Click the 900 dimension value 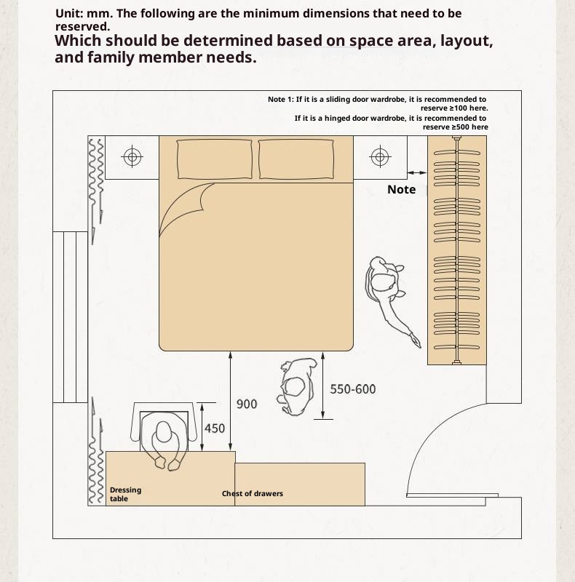click(247, 404)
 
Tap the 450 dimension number click(215, 428)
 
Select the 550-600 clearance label click(353, 389)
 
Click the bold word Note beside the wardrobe click(402, 189)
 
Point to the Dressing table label click(125, 494)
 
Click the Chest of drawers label click(253, 493)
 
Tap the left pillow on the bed click(214, 159)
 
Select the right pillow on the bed click(296, 159)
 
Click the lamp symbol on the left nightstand click(132, 156)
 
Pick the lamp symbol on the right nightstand click(380, 156)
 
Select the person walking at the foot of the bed click(296, 387)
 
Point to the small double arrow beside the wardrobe click(417, 172)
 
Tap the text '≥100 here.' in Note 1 click(454, 108)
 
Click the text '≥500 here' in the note click(456, 127)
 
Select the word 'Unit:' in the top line click(69, 13)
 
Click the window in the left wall click(70, 317)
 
